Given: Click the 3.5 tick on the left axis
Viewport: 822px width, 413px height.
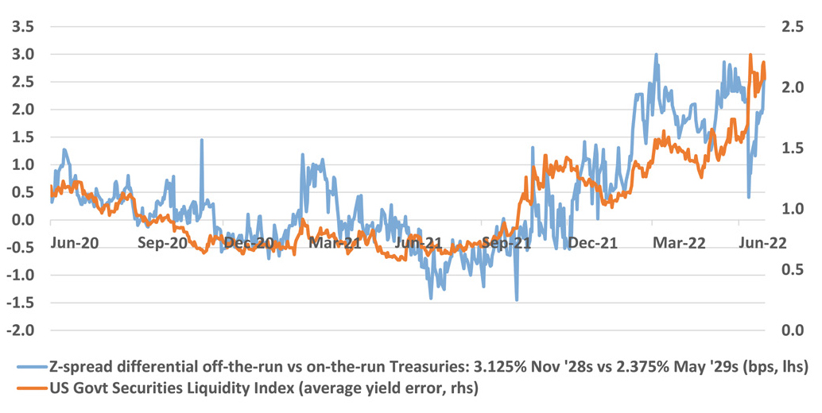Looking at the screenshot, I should point(21,27).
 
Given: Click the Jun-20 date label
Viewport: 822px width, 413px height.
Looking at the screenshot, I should point(74,243).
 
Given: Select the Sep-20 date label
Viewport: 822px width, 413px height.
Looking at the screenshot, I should point(161,243).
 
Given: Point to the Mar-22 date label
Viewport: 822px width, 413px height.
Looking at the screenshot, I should point(677,243).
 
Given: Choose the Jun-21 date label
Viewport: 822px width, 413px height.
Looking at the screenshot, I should point(419,243).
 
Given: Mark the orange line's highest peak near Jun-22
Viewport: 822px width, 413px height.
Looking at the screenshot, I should point(750,56).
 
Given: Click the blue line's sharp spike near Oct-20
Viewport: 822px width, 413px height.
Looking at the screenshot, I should point(201,140).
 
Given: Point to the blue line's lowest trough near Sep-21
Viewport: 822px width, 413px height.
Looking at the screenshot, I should point(517,300).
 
